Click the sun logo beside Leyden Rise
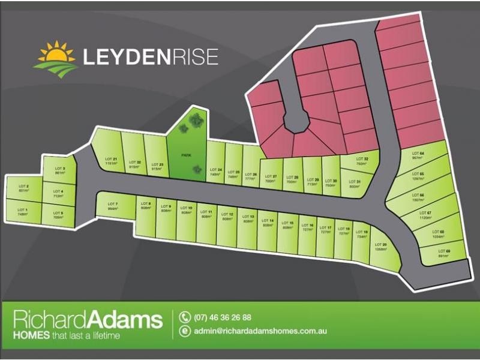coord(56,57)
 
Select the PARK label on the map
coord(186,155)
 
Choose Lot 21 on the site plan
coord(110,160)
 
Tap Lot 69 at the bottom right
coord(443,253)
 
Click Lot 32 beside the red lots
coord(361,161)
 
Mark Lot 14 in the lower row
coord(268,223)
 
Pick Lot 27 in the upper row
coord(271,178)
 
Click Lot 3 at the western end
coord(59,170)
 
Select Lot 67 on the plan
coord(425,215)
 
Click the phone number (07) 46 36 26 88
coord(223,318)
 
